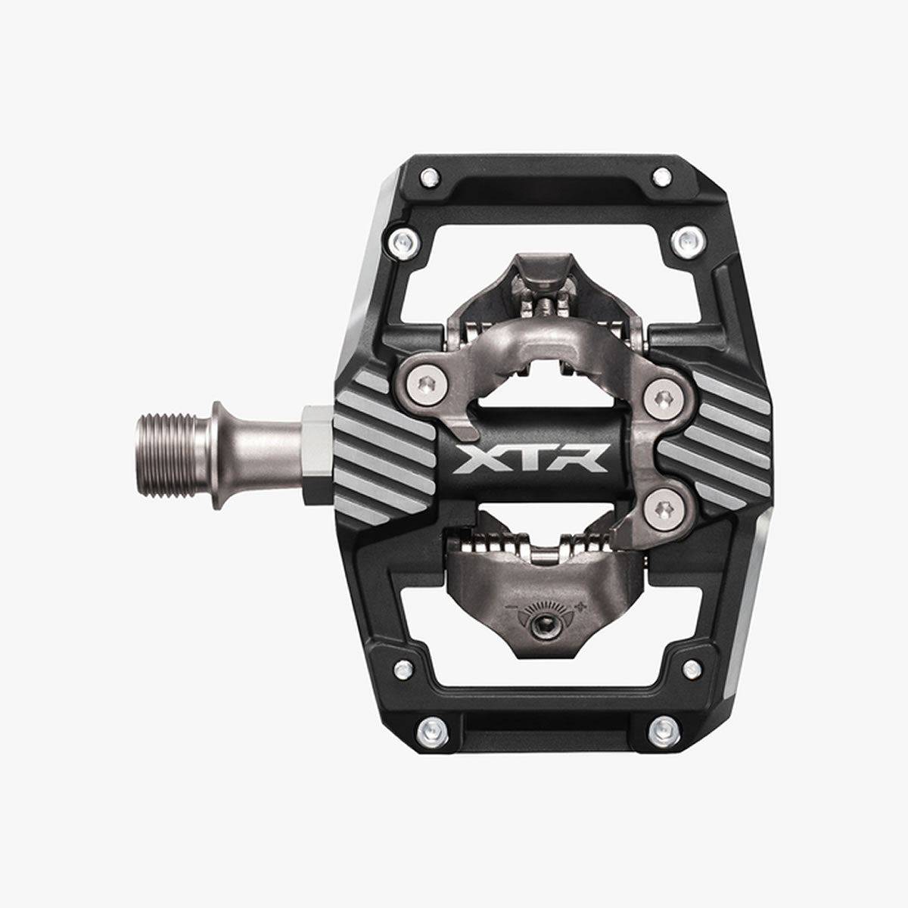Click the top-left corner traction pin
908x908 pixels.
(x=430, y=178)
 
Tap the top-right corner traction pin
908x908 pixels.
(x=661, y=177)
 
